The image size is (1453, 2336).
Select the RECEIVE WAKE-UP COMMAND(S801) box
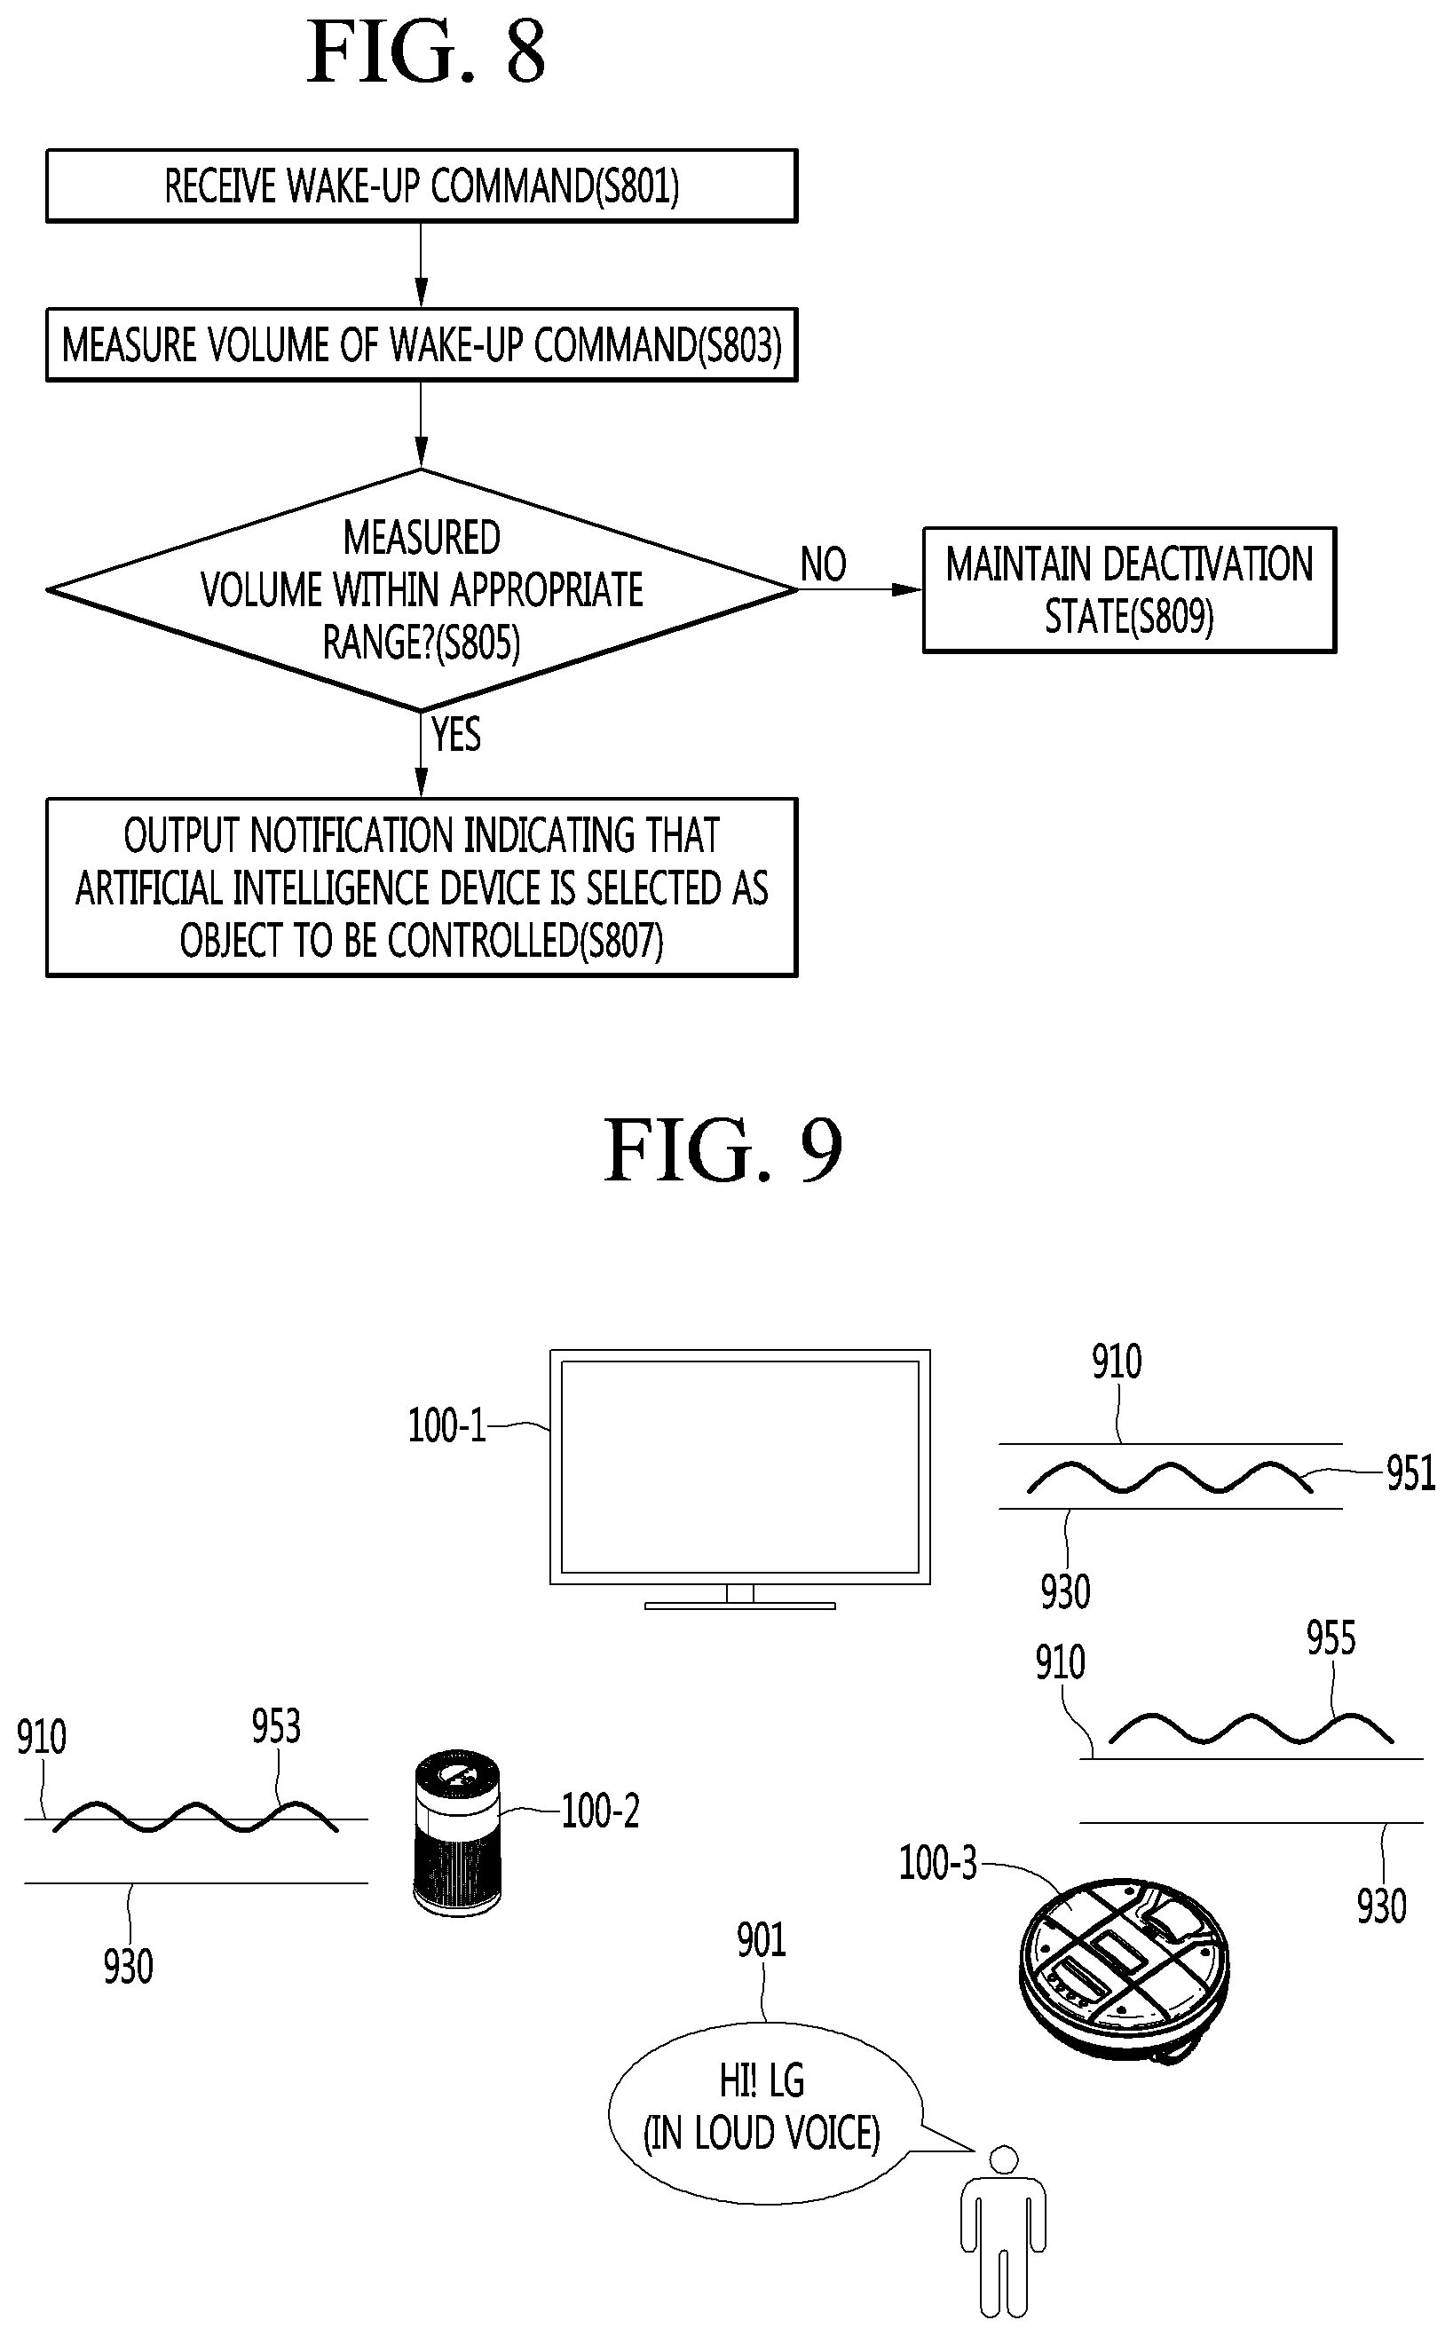(422, 185)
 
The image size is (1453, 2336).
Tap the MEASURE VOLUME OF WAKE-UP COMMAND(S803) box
(422, 345)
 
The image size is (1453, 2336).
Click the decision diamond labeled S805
(422, 590)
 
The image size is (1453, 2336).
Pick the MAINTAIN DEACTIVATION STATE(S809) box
(1129, 590)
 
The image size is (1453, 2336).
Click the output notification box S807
(422, 887)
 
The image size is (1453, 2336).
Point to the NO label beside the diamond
(824, 564)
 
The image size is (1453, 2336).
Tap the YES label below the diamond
(455, 734)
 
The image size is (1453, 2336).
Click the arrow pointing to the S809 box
(859, 589)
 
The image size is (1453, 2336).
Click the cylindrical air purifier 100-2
(456, 1834)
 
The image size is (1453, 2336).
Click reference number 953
(276, 1727)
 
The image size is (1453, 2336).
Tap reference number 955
(1331, 1638)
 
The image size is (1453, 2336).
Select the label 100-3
(937, 1863)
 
